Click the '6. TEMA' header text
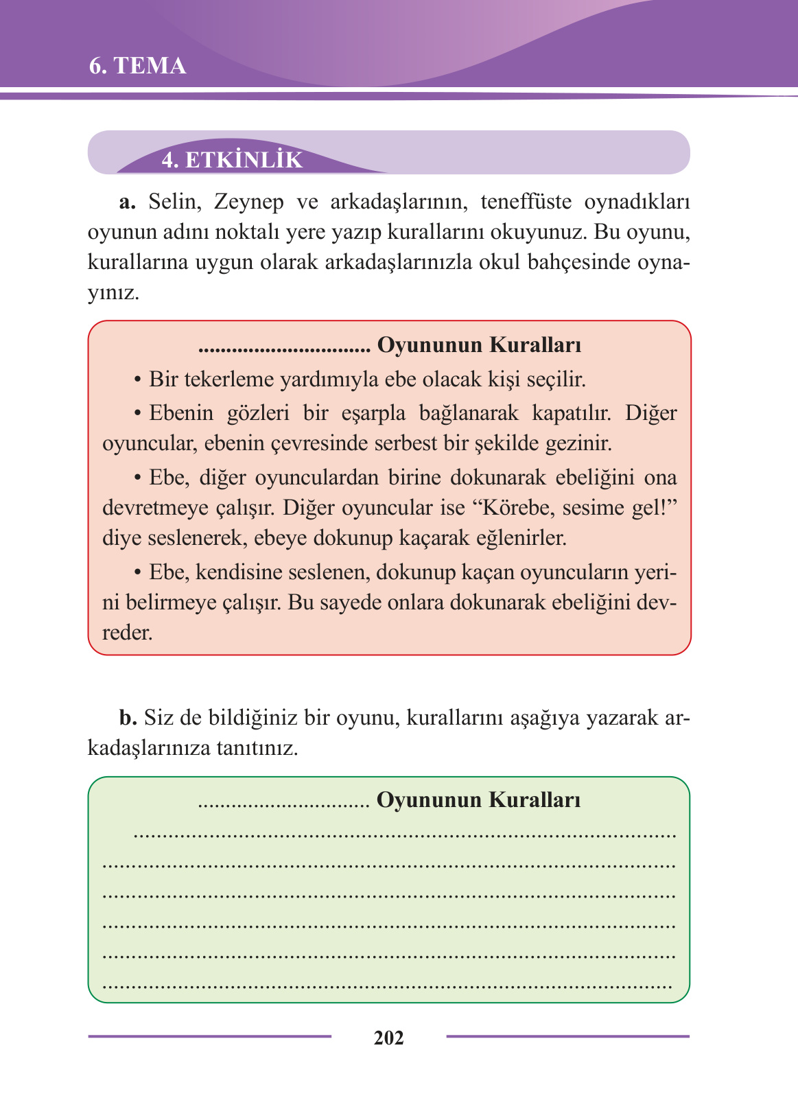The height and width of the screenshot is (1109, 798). pyautogui.click(x=138, y=66)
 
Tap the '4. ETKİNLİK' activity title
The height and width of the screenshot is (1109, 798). pyautogui.click(x=232, y=160)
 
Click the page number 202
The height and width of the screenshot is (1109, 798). pyautogui.click(x=388, y=1038)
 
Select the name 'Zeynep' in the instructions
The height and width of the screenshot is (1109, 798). pyautogui.click(x=248, y=202)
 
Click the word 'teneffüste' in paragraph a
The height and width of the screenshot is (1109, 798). pyautogui.click(x=526, y=202)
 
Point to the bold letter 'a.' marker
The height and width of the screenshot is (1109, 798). pyautogui.click(x=128, y=202)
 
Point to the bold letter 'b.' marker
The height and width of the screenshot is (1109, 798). pyautogui.click(x=128, y=718)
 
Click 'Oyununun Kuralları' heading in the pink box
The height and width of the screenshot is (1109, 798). pyautogui.click(x=479, y=345)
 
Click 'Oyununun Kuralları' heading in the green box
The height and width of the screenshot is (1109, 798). pyautogui.click(x=478, y=800)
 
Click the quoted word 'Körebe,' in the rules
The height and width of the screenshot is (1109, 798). pyautogui.click(x=516, y=508)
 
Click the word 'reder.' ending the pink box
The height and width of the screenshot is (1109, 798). pyautogui.click(x=128, y=632)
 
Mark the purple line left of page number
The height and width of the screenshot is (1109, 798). pyautogui.click(x=209, y=1036)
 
